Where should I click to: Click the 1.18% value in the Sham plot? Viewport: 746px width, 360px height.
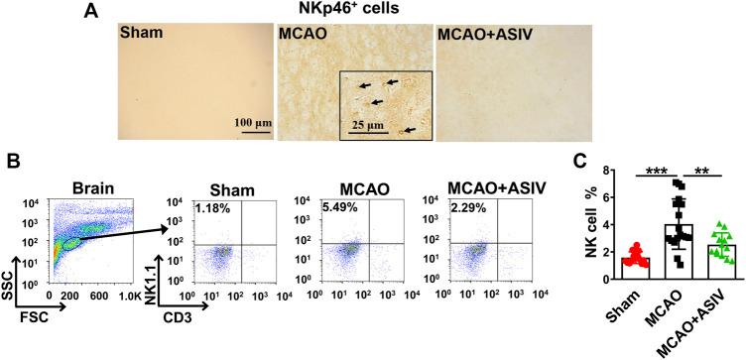tap(212, 209)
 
